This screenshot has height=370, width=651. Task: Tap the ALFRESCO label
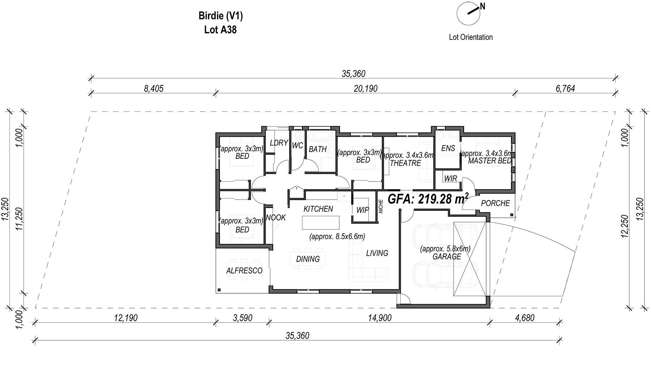click(x=244, y=271)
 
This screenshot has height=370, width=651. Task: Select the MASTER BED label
click(x=490, y=161)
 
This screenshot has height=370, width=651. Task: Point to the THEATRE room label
click(x=405, y=163)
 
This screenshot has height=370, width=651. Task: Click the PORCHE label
click(x=495, y=203)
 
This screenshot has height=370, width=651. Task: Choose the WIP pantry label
click(x=362, y=210)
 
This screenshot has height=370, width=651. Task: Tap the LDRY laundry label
click(x=279, y=143)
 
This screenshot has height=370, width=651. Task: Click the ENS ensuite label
click(x=448, y=148)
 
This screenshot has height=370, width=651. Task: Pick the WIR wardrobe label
click(x=451, y=179)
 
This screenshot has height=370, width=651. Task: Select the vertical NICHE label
click(x=380, y=207)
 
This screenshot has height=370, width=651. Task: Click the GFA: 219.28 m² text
click(x=428, y=199)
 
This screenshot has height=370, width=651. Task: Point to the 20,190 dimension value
click(x=366, y=88)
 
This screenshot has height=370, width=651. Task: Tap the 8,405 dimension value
click(x=154, y=88)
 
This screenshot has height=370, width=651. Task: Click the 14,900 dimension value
click(x=380, y=318)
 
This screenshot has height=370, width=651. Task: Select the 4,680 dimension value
click(x=524, y=318)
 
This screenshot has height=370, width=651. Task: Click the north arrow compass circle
click(x=468, y=13)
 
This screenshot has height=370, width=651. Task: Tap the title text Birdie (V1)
click(x=221, y=16)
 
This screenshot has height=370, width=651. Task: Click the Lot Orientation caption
click(x=471, y=37)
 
